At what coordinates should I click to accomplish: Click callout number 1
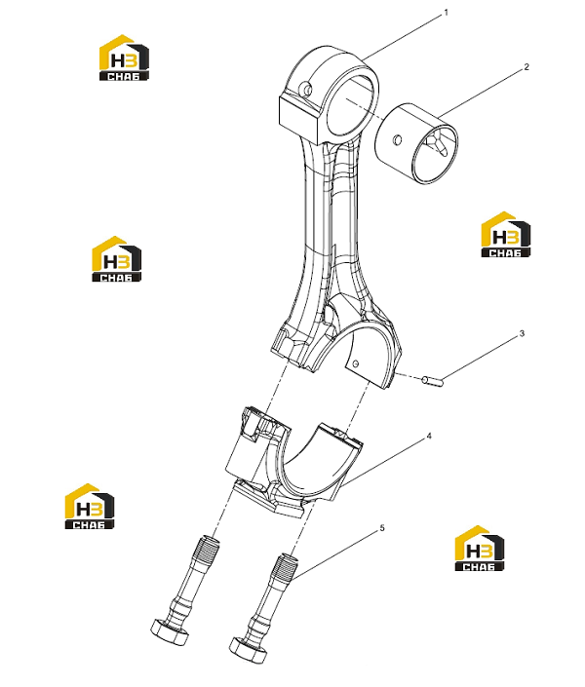point(447,13)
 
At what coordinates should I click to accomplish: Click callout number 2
point(526,67)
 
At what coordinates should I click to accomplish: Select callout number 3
point(522,334)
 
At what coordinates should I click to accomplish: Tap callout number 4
point(429,436)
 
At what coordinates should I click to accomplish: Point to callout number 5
point(382,528)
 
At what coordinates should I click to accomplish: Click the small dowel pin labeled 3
point(433,381)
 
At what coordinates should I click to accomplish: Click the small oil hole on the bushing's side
point(398,139)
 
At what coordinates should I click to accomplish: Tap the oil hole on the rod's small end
point(308,89)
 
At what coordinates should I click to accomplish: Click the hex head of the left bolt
point(171,630)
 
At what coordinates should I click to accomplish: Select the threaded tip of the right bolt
point(284,566)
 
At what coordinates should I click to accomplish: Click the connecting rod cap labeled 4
point(294,465)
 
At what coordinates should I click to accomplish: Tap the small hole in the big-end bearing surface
point(356,363)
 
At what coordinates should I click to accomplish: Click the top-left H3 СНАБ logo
point(124,57)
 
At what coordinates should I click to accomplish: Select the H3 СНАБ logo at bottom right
point(480,548)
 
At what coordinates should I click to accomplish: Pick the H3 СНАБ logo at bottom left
point(90,506)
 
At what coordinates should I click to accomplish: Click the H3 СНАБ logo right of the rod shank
point(506,235)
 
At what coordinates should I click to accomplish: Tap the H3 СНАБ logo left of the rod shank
point(116,259)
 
